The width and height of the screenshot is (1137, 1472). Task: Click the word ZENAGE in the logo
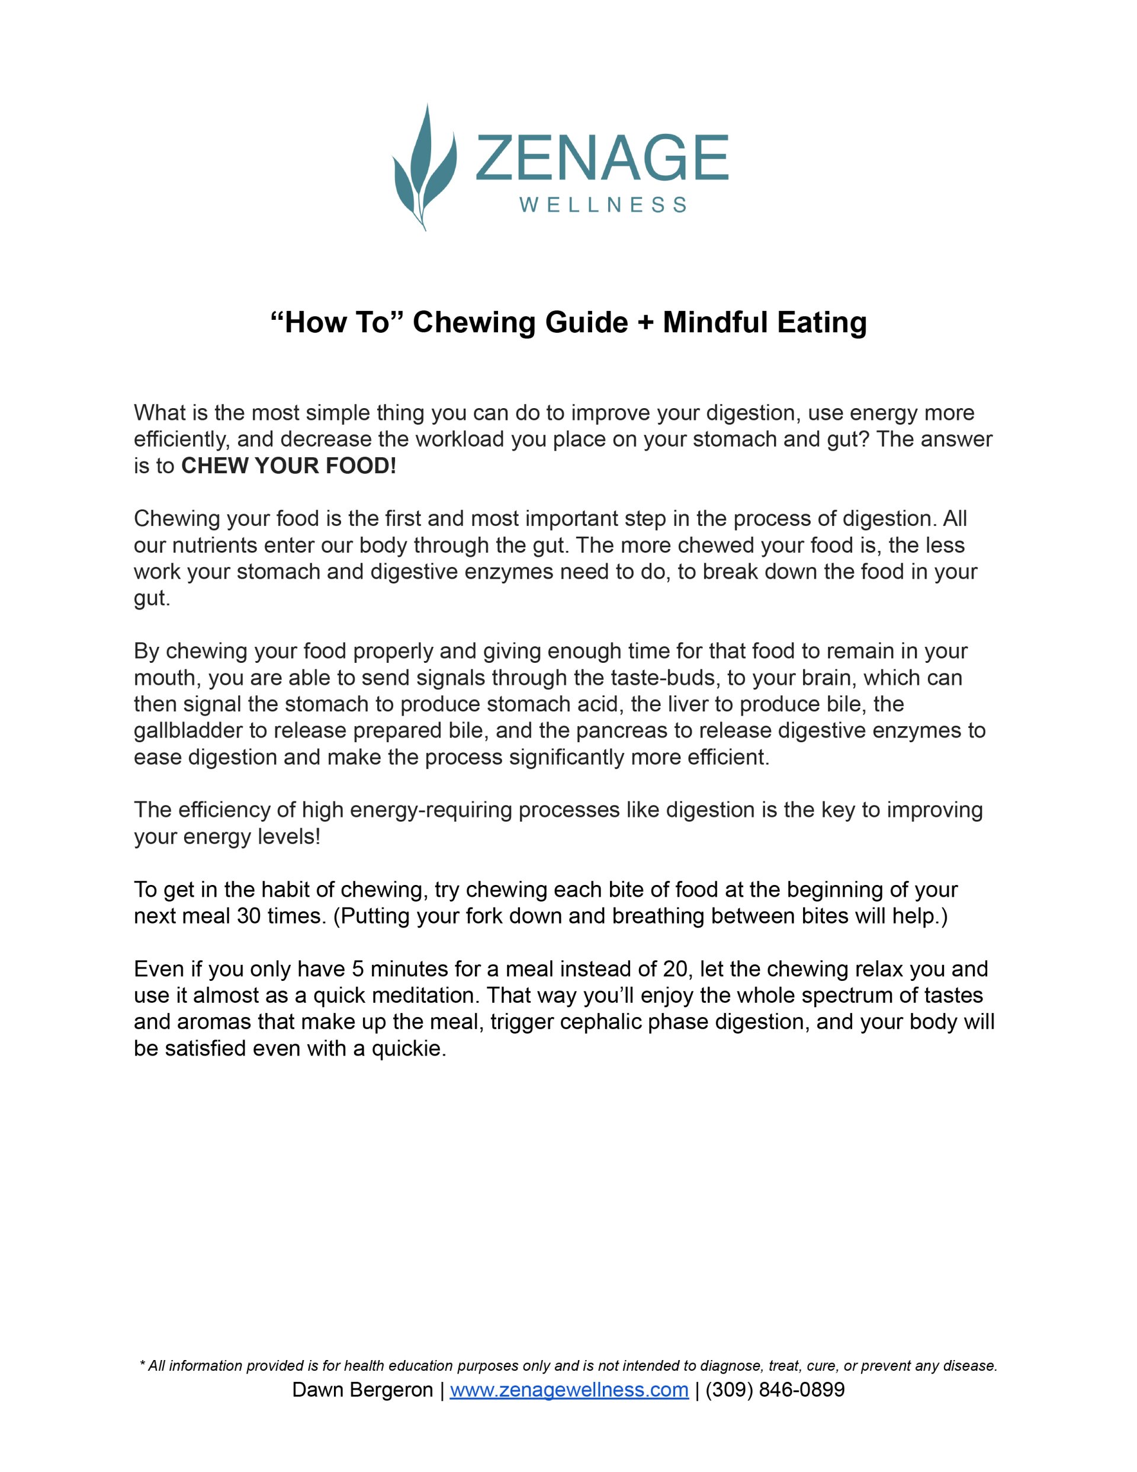[x=601, y=158]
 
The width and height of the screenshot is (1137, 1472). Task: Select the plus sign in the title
[x=645, y=323]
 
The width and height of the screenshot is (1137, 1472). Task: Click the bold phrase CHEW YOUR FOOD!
[x=288, y=466]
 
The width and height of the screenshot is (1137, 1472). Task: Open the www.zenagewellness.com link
[x=569, y=1390]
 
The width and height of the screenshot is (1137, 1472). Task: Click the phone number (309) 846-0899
[x=775, y=1390]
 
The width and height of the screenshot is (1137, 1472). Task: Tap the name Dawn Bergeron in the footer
[x=362, y=1390]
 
